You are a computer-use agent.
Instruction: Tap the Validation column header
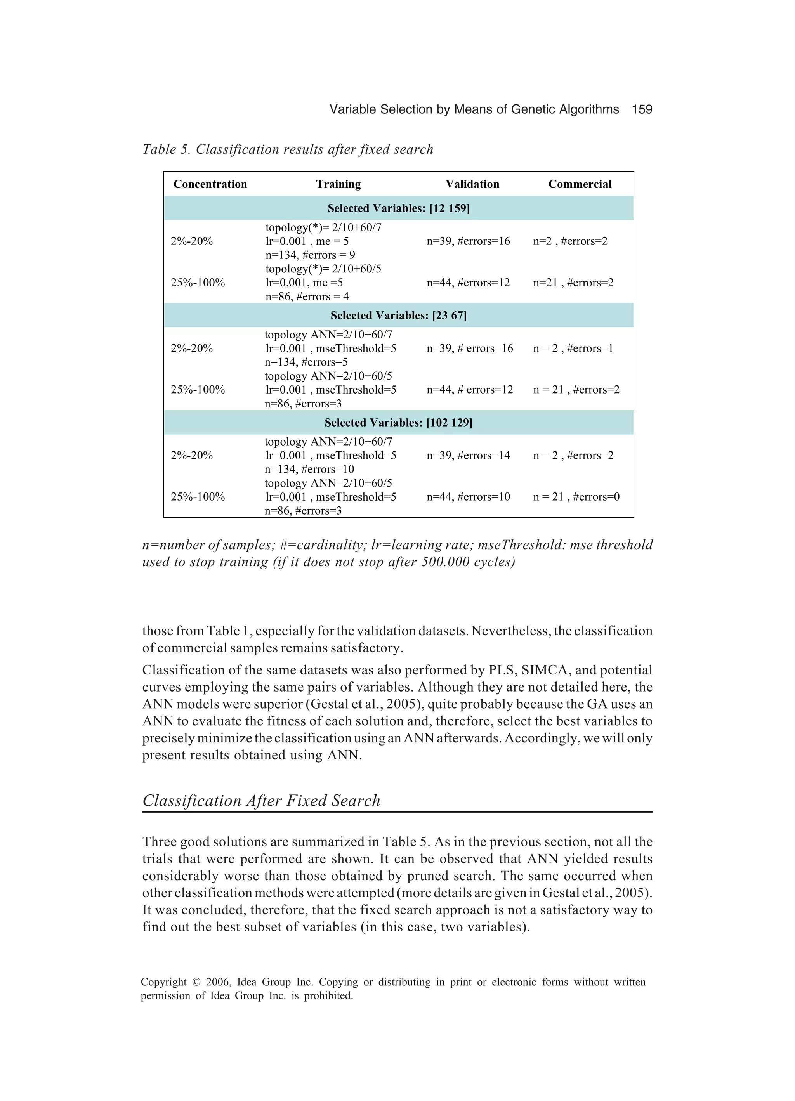(472, 184)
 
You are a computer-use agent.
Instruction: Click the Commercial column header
(580, 184)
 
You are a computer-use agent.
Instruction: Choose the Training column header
(338, 184)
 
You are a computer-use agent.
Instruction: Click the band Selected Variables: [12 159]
(398, 208)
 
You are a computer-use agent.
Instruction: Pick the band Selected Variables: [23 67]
(398, 316)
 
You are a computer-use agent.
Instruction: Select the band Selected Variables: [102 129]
(398, 422)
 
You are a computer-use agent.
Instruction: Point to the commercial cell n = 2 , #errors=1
(573, 348)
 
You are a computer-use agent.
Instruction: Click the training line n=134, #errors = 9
(310, 255)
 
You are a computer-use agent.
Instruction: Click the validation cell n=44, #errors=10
(468, 497)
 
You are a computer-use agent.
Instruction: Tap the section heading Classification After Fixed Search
(261, 801)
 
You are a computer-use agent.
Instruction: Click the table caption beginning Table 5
(288, 149)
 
